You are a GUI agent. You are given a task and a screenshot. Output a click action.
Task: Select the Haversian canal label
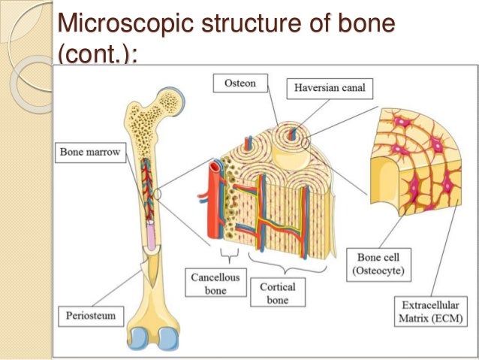[328, 88]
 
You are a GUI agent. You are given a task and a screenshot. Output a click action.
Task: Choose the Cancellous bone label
[215, 285]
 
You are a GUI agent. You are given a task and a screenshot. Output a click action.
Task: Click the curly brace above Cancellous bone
[224, 250]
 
